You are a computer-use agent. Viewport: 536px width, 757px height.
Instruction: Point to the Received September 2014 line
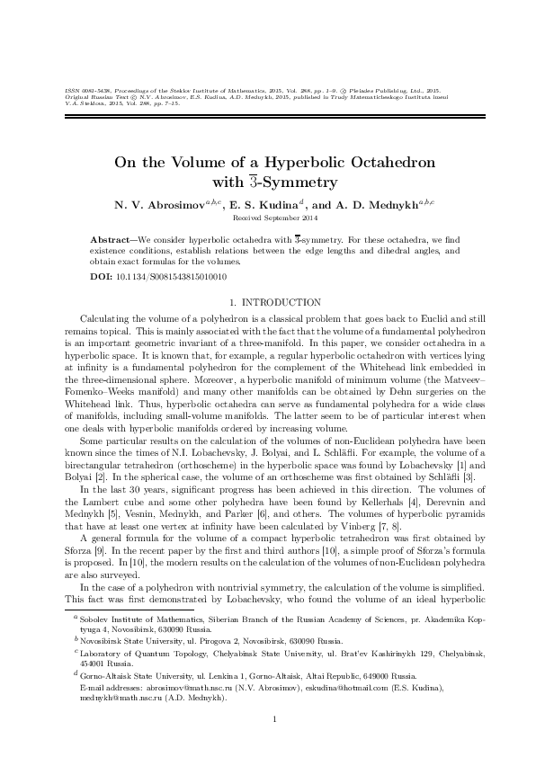(x=268, y=218)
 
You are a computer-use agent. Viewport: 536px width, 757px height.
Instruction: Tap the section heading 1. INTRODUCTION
(x=268, y=303)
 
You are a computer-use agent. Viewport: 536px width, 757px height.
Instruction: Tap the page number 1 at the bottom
(x=268, y=717)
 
